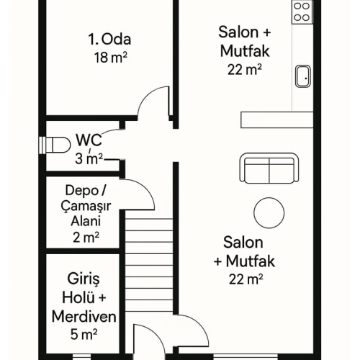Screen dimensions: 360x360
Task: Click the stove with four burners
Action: pyautogui.click(x=302, y=12)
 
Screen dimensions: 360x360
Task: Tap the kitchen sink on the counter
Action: pyautogui.click(x=302, y=75)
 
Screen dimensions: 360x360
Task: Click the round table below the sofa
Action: pyautogui.click(x=269, y=211)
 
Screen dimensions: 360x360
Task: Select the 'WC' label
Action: pyautogui.click(x=87, y=140)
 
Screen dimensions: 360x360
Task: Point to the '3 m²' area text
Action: pyautogui.click(x=89, y=158)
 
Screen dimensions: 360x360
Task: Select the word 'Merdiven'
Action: pyautogui.click(x=84, y=316)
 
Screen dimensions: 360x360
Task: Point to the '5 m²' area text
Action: pyautogui.click(x=84, y=333)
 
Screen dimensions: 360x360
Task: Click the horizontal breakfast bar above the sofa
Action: pyautogui.click(x=277, y=120)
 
